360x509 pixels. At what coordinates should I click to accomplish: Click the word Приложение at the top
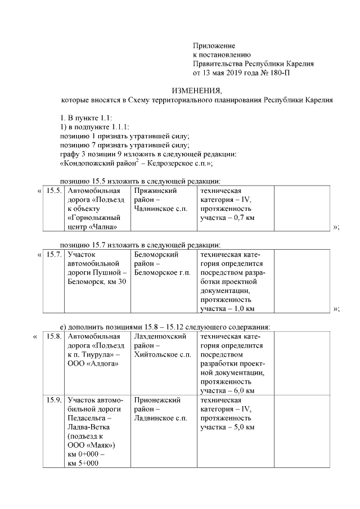(214, 46)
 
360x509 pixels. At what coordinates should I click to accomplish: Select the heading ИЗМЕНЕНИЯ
(197, 91)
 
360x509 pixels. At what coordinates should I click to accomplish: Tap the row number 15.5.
(54, 191)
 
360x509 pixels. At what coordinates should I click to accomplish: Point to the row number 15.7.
(54, 255)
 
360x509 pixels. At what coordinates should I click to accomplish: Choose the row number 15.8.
(54, 336)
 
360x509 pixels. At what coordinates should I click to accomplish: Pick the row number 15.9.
(54, 400)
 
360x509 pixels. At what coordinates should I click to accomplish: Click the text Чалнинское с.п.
(160, 209)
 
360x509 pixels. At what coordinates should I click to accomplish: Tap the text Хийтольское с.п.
(163, 354)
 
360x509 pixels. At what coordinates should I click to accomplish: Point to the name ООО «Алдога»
(92, 363)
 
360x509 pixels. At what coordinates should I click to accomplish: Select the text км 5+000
(83, 463)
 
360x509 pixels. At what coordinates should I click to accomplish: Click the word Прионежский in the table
(157, 400)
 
